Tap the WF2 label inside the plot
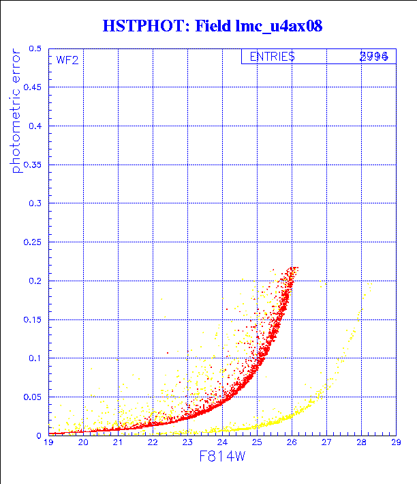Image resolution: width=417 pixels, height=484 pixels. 67,60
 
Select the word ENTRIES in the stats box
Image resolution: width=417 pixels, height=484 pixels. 272,57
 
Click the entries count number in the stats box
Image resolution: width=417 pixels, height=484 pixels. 374,57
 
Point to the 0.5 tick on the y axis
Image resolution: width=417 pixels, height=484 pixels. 35,49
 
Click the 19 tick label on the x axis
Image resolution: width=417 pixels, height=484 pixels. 49,443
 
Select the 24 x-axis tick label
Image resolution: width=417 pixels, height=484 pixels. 222,443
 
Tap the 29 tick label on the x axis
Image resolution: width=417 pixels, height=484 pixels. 395,443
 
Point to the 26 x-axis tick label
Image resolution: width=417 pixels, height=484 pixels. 292,443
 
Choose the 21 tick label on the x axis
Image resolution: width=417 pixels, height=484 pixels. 118,443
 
